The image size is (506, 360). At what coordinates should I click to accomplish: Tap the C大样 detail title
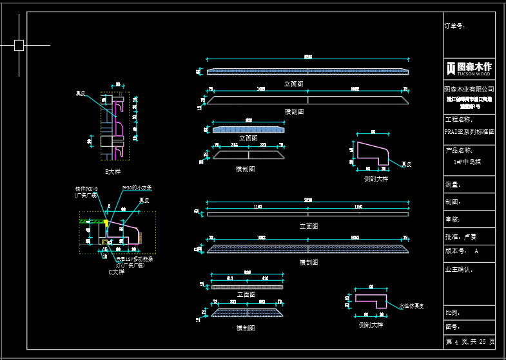tap(116, 272)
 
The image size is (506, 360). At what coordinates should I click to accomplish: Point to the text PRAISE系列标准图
tap(469, 131)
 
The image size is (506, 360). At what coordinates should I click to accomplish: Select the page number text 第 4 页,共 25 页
tap(470, 341)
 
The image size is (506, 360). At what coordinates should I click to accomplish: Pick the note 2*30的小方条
tap(137, 187)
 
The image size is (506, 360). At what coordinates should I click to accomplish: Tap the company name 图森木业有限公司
tap(469, 89)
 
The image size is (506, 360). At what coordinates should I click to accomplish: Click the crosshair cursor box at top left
tap(19, 45)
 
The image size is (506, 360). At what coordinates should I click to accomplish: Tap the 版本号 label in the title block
tap(454, 250)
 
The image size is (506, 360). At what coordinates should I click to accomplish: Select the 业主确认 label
tap(459, 269)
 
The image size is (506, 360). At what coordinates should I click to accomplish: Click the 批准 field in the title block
tap(460, 236)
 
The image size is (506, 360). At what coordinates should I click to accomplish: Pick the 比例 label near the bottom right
tap(452, 312)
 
